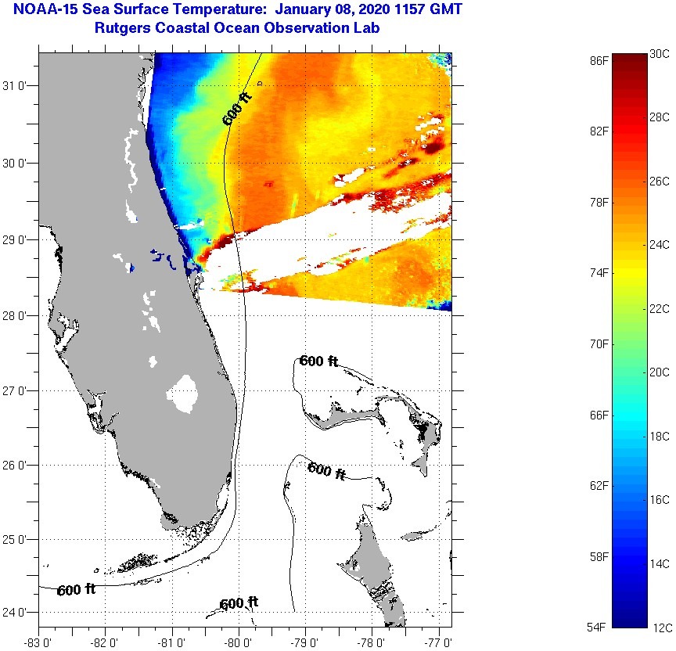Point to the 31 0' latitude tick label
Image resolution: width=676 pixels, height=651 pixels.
18,85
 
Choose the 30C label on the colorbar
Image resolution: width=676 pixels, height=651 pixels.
660,53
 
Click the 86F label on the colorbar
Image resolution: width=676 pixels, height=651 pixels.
600,59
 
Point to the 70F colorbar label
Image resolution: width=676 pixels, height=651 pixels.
600,343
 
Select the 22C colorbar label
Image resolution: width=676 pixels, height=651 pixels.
660,309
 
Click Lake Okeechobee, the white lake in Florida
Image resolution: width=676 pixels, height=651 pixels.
185,394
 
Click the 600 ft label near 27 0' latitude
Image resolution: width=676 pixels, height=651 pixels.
318,361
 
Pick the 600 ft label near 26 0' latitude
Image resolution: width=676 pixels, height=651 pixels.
326,470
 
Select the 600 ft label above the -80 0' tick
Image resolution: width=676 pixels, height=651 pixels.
239,603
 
